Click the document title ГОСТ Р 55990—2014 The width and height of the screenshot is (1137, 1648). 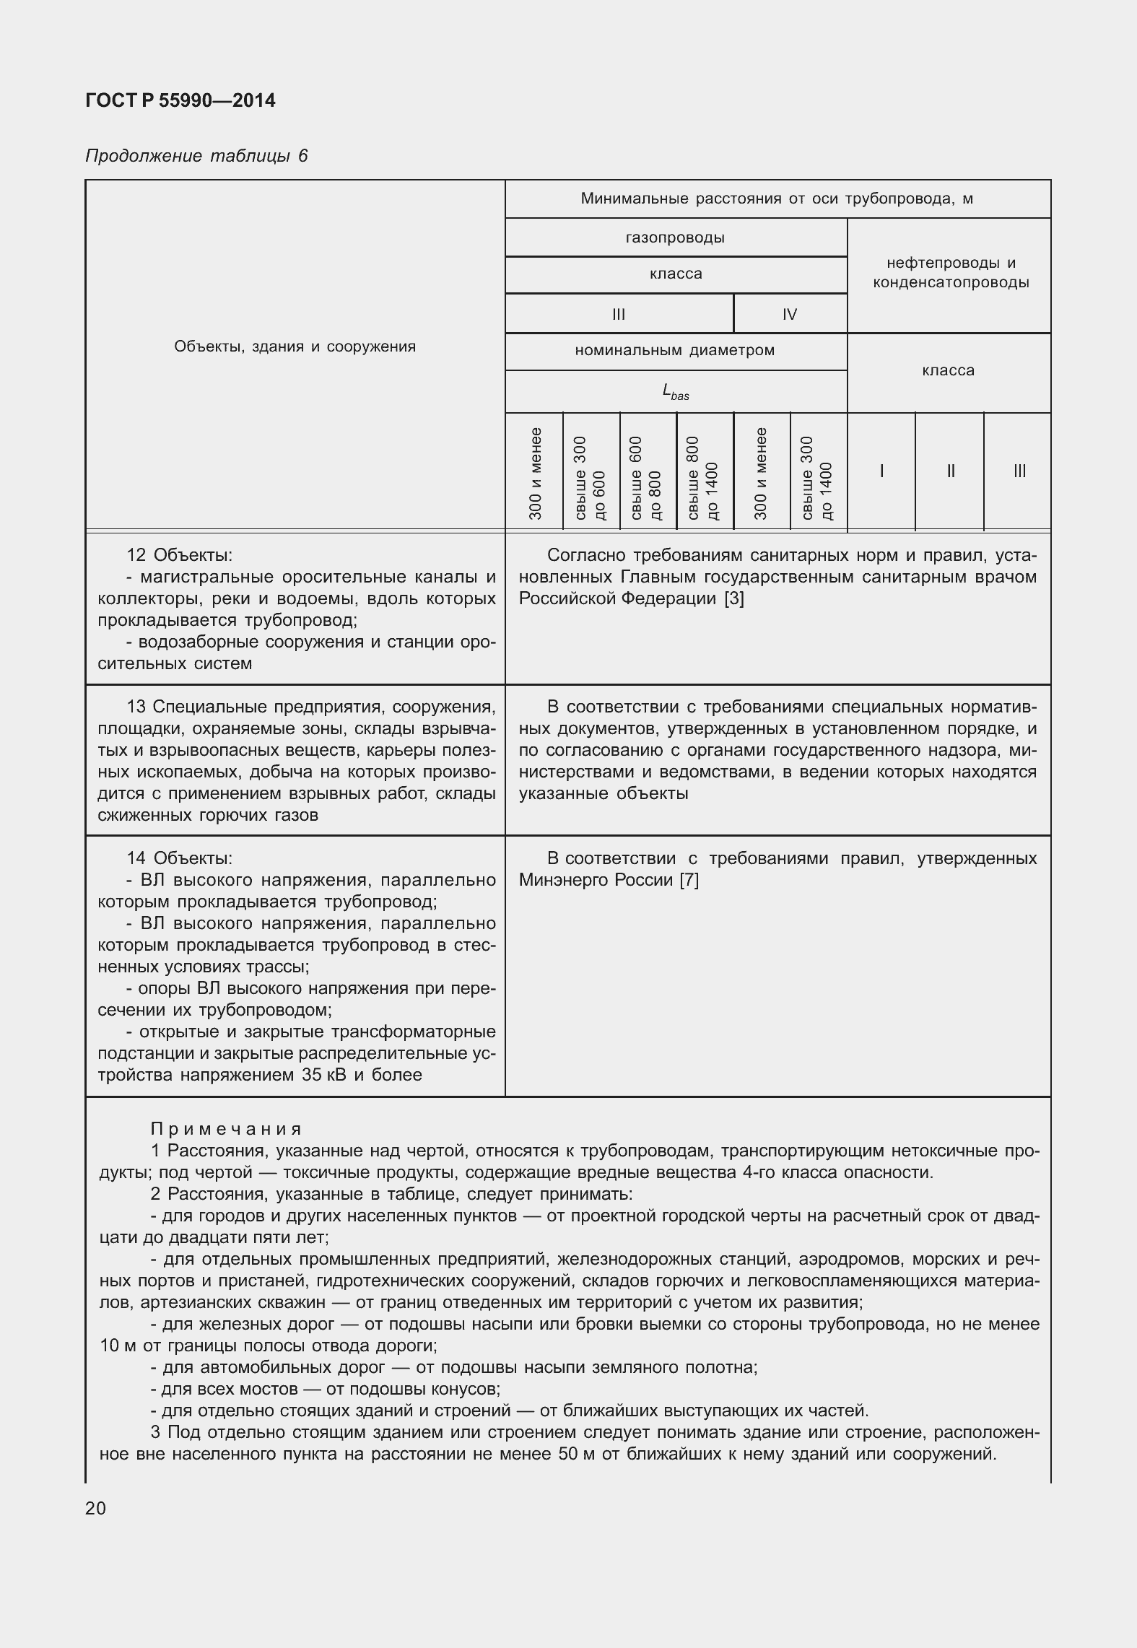[x=180, y=100]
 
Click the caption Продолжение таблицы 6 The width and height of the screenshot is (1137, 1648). [x=196, y=156]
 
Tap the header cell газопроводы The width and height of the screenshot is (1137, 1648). [x=675, y=237]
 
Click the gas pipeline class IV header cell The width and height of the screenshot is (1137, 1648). [x=789, y=314]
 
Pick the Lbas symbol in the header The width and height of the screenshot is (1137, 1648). [x=675, y=392]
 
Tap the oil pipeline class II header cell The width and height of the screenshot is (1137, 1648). [x=950, y=471]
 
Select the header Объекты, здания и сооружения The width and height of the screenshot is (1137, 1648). [x=295, y=346]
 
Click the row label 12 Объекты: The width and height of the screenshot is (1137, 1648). [x=179, y=555]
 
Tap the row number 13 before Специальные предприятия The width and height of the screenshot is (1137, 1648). [x=136, y=706]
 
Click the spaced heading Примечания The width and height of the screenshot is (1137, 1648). [x=226, y=1129]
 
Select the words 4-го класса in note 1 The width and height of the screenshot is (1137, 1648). [x=788, y=1172]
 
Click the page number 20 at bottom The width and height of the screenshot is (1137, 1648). [x=95, y=1508]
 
